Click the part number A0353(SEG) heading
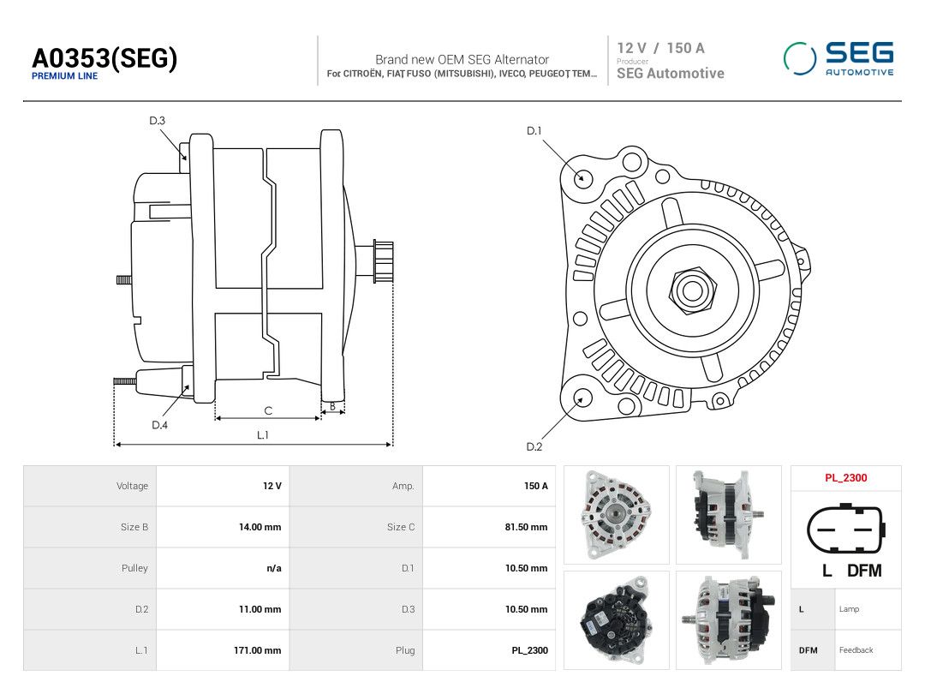pyautogui.click(x=104, y=58)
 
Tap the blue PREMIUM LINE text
pyautogui.click(x=64, y=75)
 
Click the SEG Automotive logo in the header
pyautogui.click(x=838, y=58)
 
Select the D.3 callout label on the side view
pyautogui.click(x=157, y=121)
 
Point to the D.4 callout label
pyautogui.click(x=159, y=425)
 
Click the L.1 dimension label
pyautogui.click(x=263, y=435)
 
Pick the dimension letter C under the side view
pyautogui.click(x=268, y=410)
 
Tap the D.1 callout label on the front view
pyautogui.click(x=534, y=130)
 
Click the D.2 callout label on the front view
pyautogui.click(x=534, y=446)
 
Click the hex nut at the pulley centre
pyautogui.click(x=693, y=290)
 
